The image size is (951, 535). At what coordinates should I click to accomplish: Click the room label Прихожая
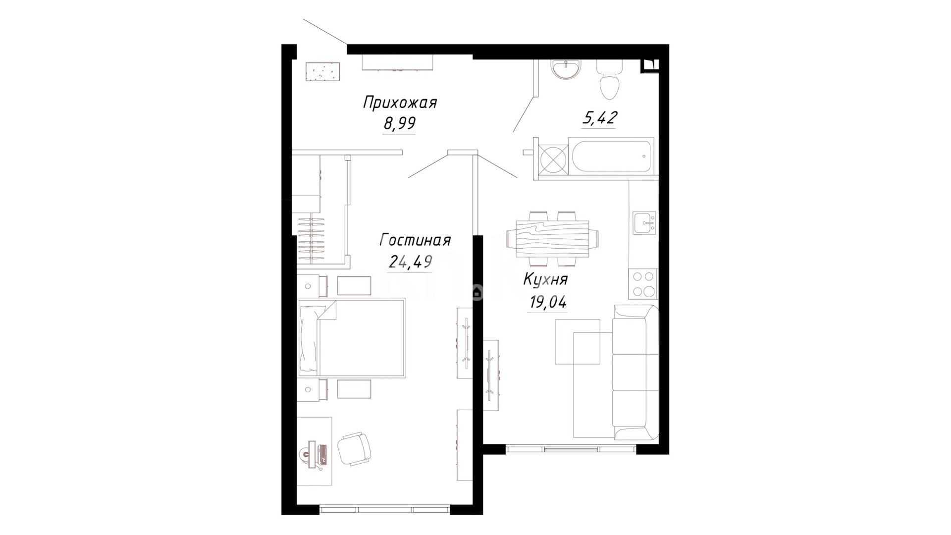(400, 104)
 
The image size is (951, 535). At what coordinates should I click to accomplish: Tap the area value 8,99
(399, 123)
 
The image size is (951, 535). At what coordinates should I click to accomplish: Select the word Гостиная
(415, 240)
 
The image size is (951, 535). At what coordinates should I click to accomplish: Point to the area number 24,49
(411, 261)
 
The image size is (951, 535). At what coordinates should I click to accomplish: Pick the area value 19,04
(548, 302)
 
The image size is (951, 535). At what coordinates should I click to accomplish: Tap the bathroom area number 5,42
(599, 118)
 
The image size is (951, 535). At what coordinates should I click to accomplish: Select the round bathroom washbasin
(565, 69)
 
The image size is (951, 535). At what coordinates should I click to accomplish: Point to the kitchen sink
(644, 223)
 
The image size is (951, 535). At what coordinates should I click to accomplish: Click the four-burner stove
(643, 284)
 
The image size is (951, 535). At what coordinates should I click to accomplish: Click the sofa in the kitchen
(635, 373)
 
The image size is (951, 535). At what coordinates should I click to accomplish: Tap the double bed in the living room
(352, 338)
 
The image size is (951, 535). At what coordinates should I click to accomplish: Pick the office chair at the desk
(354, 449)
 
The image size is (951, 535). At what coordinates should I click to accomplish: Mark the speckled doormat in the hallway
(322, 71)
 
